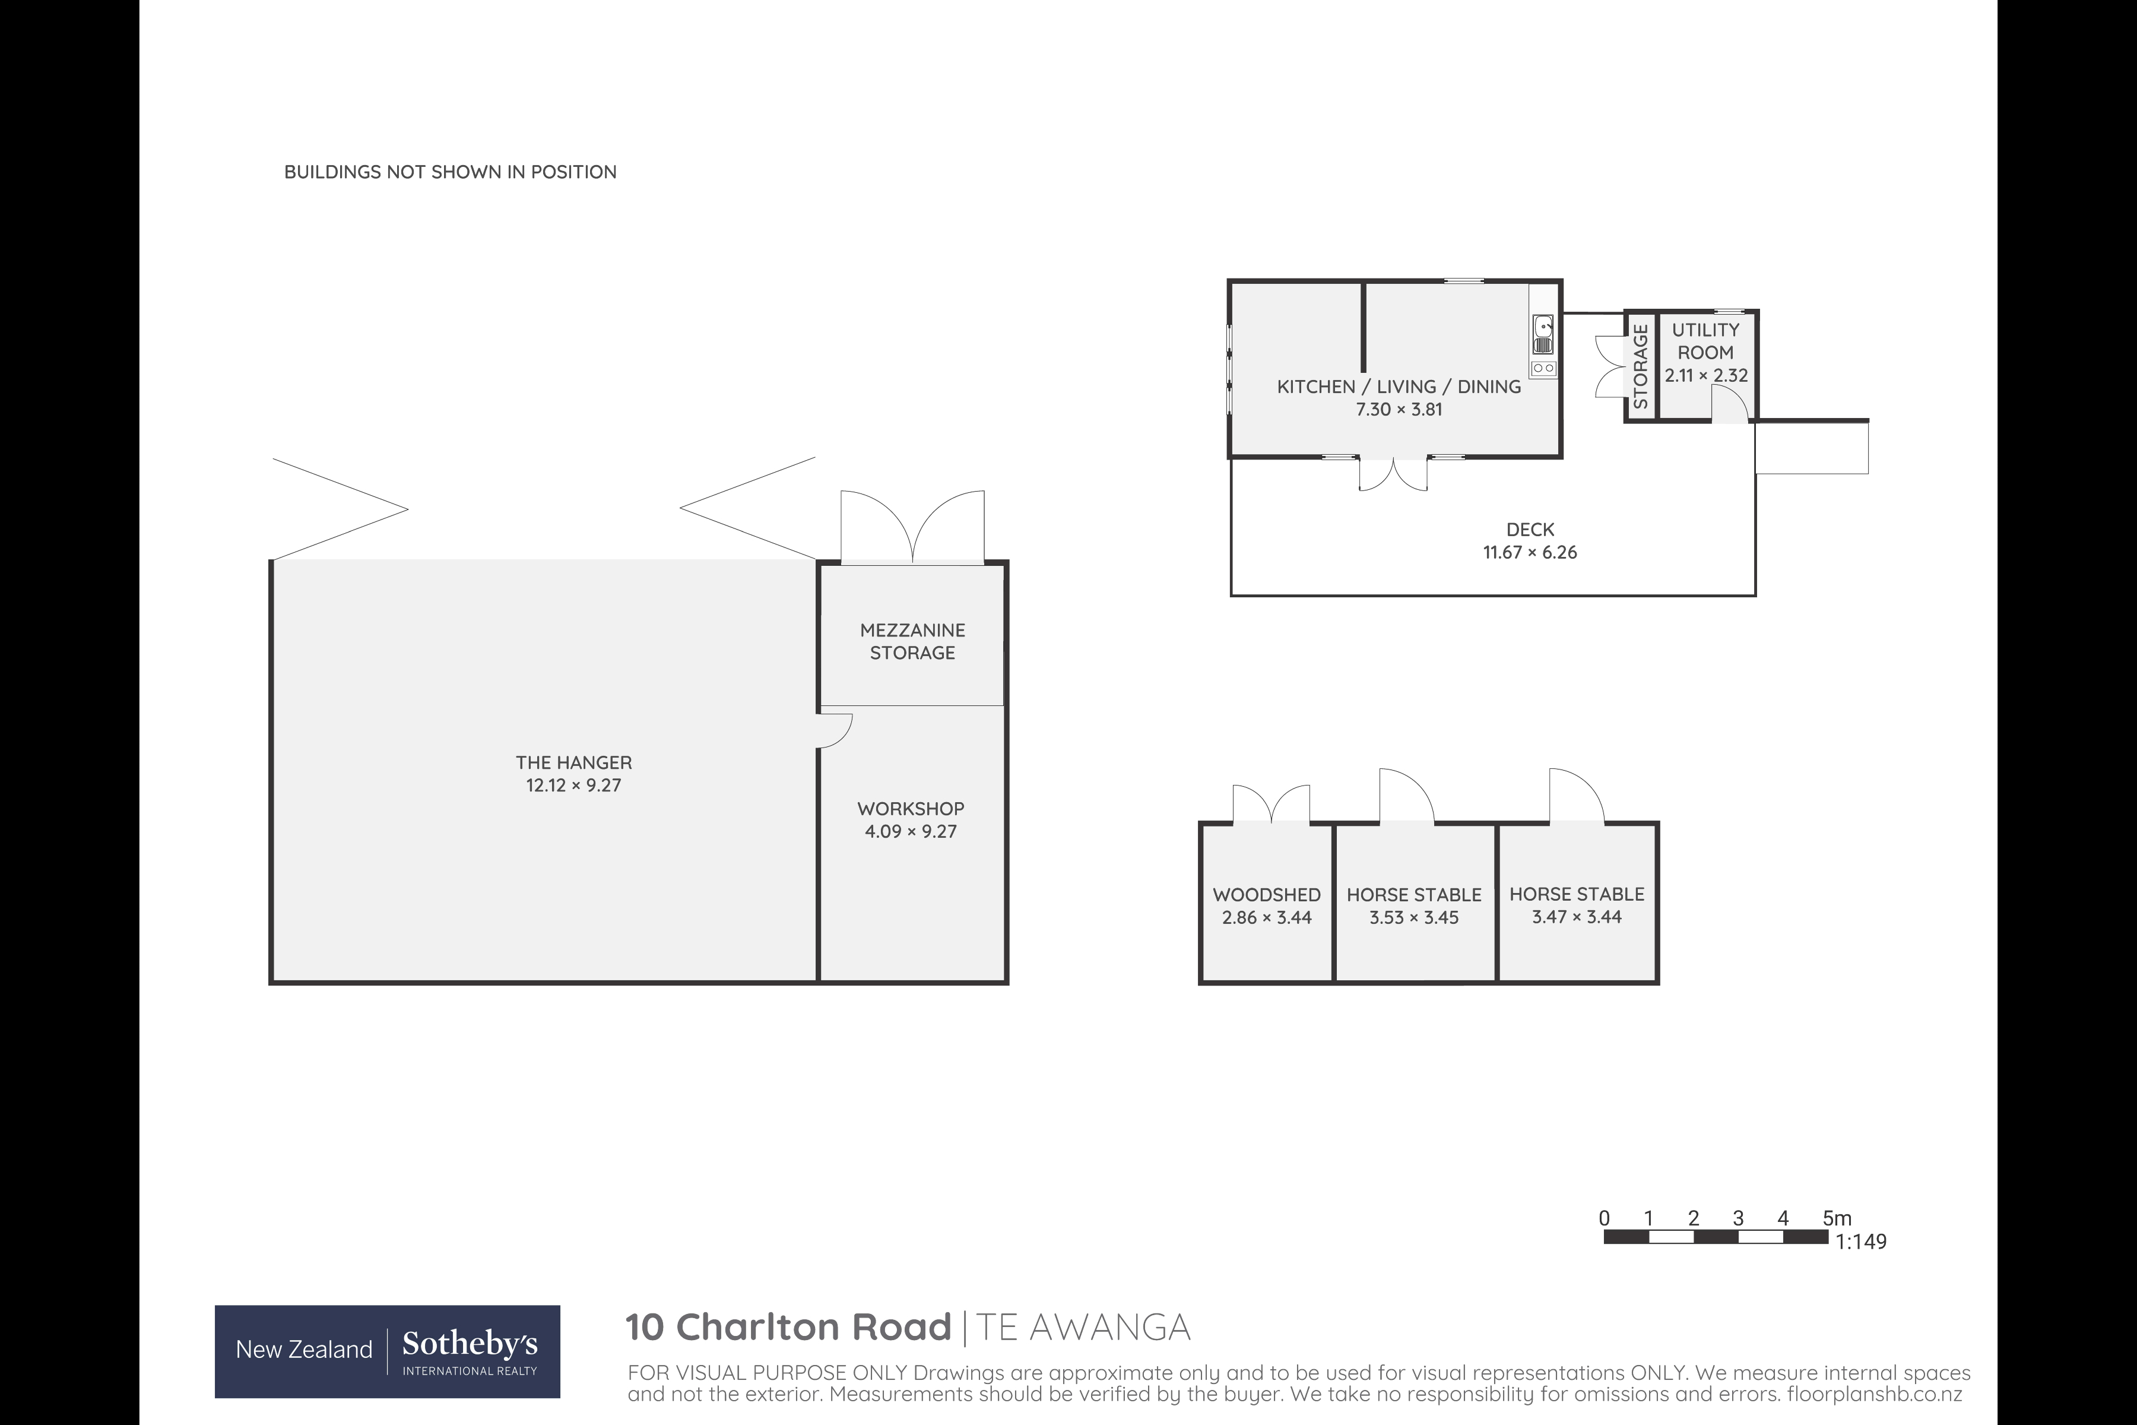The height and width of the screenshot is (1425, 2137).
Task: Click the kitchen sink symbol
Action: coord(1543,334)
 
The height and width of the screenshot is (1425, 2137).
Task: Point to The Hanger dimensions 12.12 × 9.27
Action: coord(573,785)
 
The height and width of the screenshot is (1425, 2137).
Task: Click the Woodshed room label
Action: coord(1267,894)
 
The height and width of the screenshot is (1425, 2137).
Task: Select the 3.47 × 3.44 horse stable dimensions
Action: coord(1577,917)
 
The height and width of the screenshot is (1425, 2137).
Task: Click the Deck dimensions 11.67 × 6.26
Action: coord(1530,552)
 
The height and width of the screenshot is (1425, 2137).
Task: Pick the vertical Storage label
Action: coord(1640,366)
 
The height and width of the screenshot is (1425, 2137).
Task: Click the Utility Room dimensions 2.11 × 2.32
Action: coord(1705,375)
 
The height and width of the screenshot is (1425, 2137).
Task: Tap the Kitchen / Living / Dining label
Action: coord(1399,387)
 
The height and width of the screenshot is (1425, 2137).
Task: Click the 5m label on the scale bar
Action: coord(1836,1218)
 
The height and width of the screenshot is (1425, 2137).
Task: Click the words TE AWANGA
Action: coord(1082,1327)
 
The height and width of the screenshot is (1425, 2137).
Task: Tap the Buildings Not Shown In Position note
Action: coord(450,172)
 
